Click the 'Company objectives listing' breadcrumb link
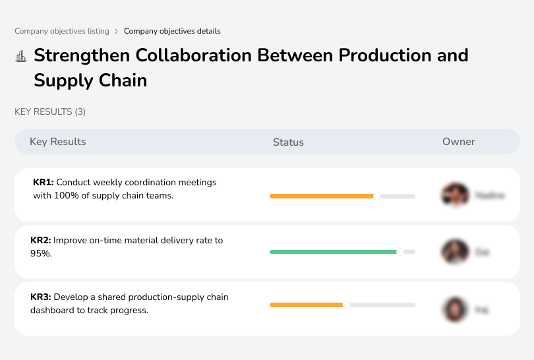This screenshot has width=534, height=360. (62, 31)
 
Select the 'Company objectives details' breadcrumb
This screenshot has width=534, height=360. (172, 31)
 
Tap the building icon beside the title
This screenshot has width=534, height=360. (21, 56)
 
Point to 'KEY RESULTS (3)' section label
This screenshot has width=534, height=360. (50, 112)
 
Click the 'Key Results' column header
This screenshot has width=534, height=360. (57, 142)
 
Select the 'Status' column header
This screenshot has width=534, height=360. (288, 142)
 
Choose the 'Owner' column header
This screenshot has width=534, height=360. (459, 142)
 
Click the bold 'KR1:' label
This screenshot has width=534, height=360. (44, 182)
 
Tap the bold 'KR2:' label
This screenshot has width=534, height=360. (41, 241)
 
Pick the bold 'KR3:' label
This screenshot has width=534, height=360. (41, 297)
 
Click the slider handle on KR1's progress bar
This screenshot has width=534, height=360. (377, 196)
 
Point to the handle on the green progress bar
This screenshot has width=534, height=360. (400, 252)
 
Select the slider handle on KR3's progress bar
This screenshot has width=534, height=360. (346, 305)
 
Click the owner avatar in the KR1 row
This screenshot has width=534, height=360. (455, 195)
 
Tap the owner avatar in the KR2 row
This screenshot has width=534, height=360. (455, 252)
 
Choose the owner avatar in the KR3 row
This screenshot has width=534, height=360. (455, 309)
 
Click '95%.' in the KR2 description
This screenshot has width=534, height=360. (41, 253)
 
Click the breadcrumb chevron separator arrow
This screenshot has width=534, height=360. (117, 31)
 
